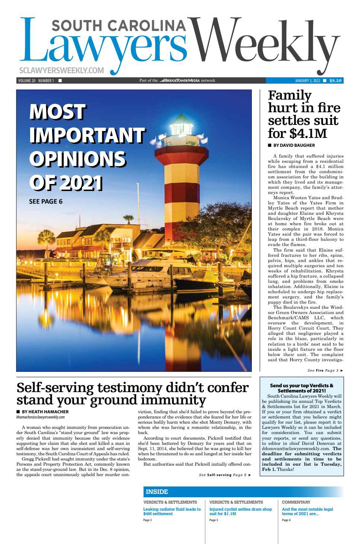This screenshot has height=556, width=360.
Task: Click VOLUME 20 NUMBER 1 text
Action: (36, 81)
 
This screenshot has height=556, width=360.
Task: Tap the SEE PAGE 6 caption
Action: (46, 202)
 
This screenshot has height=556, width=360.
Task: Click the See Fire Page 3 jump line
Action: (324, 371)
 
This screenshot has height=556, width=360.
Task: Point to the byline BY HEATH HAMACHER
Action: (45, 412)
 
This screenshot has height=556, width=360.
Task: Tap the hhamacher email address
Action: (41, 417)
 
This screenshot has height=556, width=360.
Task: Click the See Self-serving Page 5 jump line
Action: (225, 475)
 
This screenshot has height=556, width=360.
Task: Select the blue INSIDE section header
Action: (157, 492)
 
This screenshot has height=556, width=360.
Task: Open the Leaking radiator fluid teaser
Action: (172, 511)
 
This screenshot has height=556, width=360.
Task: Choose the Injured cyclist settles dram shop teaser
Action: (240, 511)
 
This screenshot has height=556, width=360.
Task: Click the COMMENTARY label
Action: (296, 502)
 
